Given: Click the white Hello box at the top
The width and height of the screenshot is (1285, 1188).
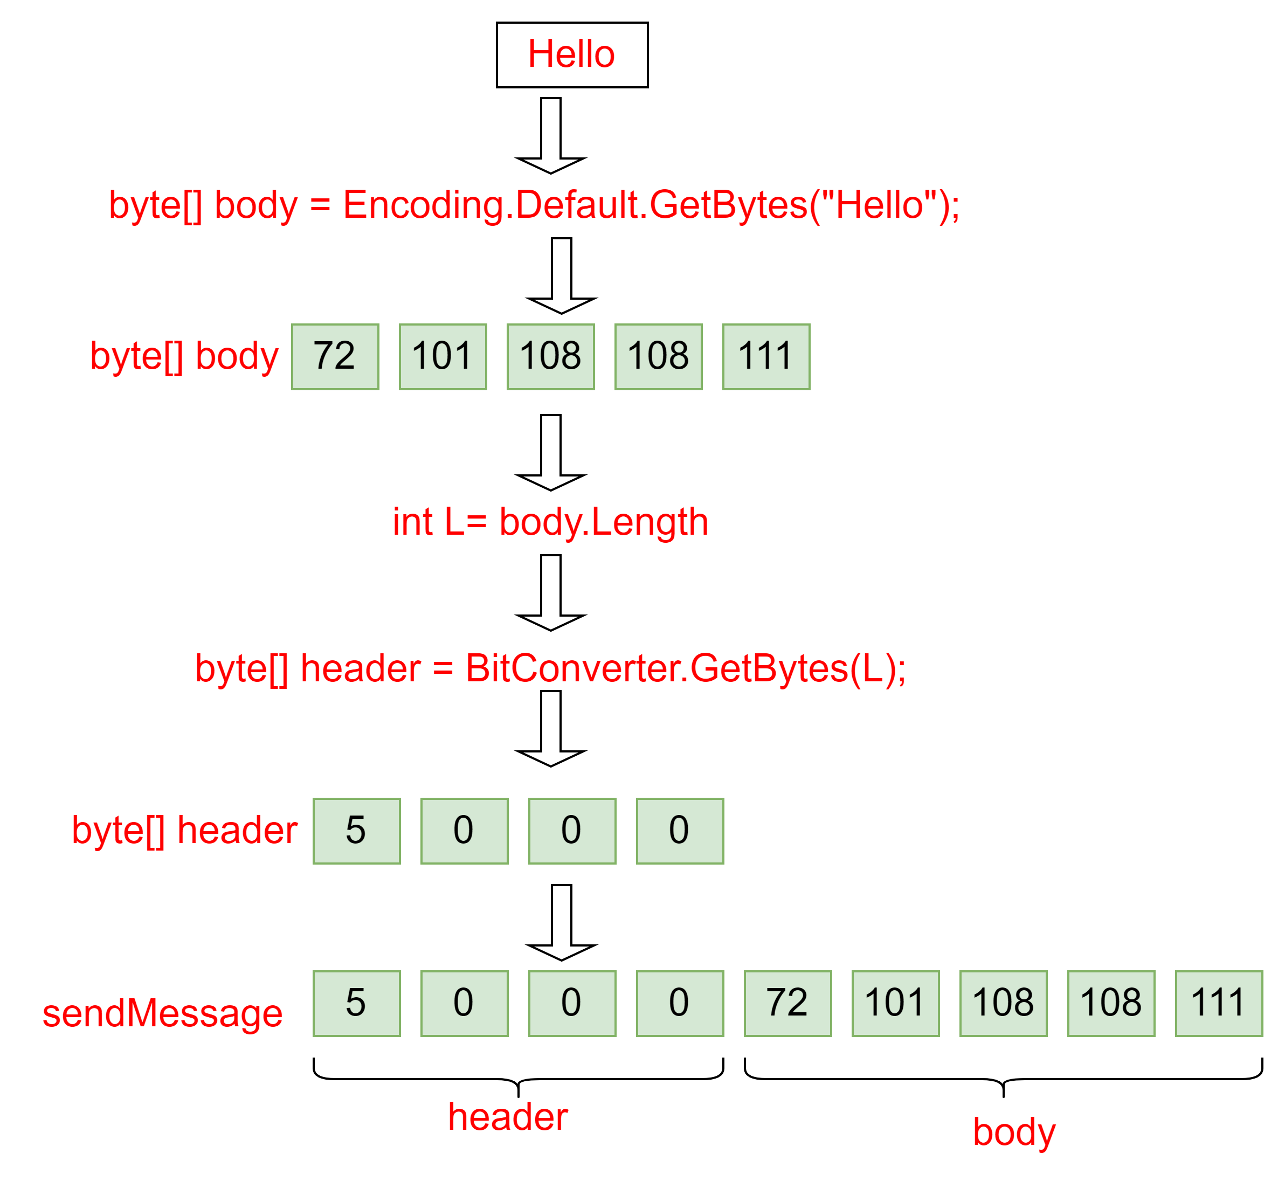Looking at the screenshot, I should pos(571,54).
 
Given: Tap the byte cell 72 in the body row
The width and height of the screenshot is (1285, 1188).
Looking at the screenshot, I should pos(335,357).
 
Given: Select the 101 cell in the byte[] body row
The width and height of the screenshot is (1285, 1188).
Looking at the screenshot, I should pos(443,357).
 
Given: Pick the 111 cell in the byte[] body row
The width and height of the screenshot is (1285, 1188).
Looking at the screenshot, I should pos(766,357).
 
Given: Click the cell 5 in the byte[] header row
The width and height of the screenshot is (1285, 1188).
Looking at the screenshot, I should pos(357,831).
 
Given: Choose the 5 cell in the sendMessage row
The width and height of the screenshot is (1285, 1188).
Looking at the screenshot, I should pos(357,1004).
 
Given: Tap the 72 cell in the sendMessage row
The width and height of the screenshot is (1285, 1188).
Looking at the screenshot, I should pos(787,1004).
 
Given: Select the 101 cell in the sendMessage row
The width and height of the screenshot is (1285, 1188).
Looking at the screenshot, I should pos(895,1004).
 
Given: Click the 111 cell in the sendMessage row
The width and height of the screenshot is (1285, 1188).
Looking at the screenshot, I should pos(1219,1004).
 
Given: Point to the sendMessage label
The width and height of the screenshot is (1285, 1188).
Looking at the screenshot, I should pos(162,1014).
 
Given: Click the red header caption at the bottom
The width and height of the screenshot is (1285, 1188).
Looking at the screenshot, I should pos(508,1117).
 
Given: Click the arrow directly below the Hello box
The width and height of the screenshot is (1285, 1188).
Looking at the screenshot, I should pos(551,135).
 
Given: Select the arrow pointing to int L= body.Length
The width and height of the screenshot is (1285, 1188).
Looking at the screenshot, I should pos(551,452).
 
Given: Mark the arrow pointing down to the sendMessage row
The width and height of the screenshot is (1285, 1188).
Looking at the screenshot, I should pos(561,922).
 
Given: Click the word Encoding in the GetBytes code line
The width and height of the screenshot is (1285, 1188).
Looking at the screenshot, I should pos(424,206).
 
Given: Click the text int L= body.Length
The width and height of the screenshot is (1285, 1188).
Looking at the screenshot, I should pos(550,521).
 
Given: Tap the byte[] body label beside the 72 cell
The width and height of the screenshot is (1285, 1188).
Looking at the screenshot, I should pos(184,356).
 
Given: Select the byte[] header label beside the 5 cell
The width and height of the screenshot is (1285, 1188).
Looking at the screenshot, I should pos(184,831).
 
